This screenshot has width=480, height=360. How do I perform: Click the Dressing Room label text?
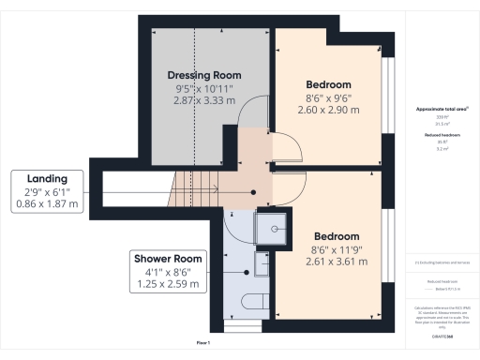(x=204, y=75)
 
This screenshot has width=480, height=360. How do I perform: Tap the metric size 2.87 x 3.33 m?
(x=204, y=98)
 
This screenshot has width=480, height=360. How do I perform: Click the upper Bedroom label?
(x=329, y=82)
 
